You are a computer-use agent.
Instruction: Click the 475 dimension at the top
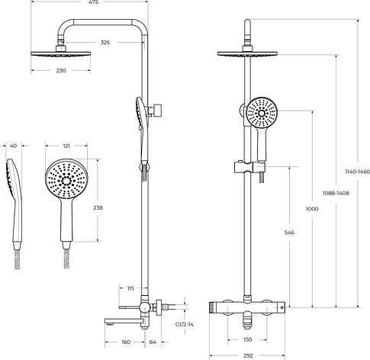pos(93,2)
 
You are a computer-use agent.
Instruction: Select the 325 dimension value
pos(105,43)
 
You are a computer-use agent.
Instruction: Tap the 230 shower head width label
pos(61,71)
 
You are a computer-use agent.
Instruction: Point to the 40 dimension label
pos(13,146)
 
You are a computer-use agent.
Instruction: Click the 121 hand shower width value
pos(66,146)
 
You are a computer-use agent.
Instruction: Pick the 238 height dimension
pos(98,207)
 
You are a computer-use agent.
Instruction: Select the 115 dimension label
pos(130,288)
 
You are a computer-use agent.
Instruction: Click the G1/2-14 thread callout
pos(185,324)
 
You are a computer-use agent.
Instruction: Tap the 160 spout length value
pos(126,342)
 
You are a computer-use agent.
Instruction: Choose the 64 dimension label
pos(153,342)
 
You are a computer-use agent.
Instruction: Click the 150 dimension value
pos(247,339)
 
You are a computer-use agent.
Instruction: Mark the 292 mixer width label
pos(248,355)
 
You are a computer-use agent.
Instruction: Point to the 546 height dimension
pos(289,233)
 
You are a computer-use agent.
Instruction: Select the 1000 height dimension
pos(312,209)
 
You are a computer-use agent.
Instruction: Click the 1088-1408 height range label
pos(336,193)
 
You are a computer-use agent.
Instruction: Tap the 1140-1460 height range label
pos(357,172)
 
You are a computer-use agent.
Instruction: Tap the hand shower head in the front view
pos(262,113)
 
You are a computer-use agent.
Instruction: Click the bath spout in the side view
pos(124,321)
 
